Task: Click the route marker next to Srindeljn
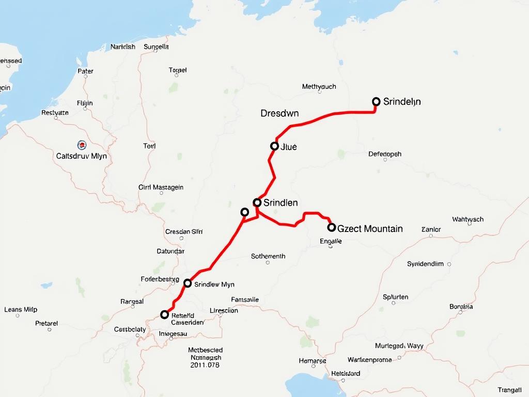tap(376, 102)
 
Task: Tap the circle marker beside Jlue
tap(274, 146)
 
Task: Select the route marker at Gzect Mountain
tap(332, 227)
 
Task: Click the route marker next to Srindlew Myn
tap(188, 283)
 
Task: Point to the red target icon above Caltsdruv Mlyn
tap(81, 145)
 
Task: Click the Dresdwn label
tap(279, 113)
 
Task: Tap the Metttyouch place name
tap(319, 86)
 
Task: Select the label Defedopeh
tap(385, 154)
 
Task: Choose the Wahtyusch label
tap(468, 219)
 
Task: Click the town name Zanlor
tap(431, 229)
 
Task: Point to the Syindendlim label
tap(425, 264)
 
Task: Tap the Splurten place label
tap(396, 297)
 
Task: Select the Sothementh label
tap(268, 256)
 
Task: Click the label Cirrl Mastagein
tap(161, 188)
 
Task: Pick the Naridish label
tap(123, 47)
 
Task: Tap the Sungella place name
tap(157, 47)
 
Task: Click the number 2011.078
tap(205, 365)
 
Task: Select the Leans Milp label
tap(21, 310)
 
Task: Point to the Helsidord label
tap(346, 373)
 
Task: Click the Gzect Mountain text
tap(370, 228)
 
